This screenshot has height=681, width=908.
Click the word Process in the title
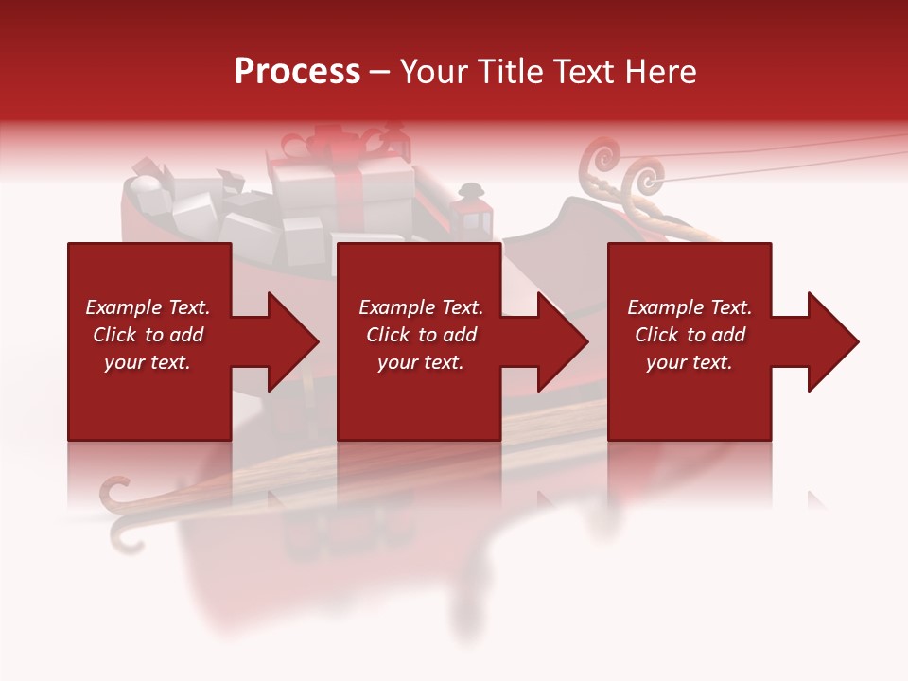(x=297, y=72)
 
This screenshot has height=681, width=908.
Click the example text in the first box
(x=148, y=335)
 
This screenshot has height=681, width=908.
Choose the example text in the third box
(x=690, y=335)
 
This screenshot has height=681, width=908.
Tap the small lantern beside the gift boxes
(x=472, y=210)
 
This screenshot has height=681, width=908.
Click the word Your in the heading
(x=431, y=72)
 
